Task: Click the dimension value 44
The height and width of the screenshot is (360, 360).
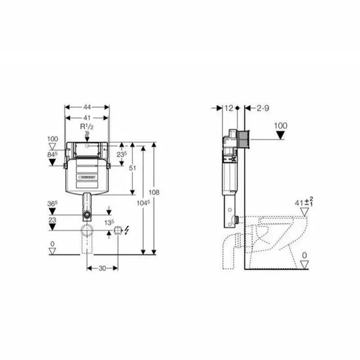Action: pos(87,107)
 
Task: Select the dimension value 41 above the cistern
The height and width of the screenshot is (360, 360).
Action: pos(87,117)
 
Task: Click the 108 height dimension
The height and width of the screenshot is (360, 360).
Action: pos(154,192)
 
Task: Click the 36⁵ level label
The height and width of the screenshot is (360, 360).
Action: pos(53,204)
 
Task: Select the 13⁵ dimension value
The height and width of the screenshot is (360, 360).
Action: pos(109,222)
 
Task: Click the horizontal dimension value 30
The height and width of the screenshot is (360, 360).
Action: pos(102,268)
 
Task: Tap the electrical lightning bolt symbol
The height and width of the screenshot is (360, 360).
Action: pos(126,231)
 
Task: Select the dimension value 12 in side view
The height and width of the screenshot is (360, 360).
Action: pos(229,108)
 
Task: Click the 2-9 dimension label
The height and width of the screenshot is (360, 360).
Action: pos(263,108)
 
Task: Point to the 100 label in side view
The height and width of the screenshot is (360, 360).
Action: pos(280,126)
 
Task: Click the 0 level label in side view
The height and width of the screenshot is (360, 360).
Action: pos(304,256)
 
